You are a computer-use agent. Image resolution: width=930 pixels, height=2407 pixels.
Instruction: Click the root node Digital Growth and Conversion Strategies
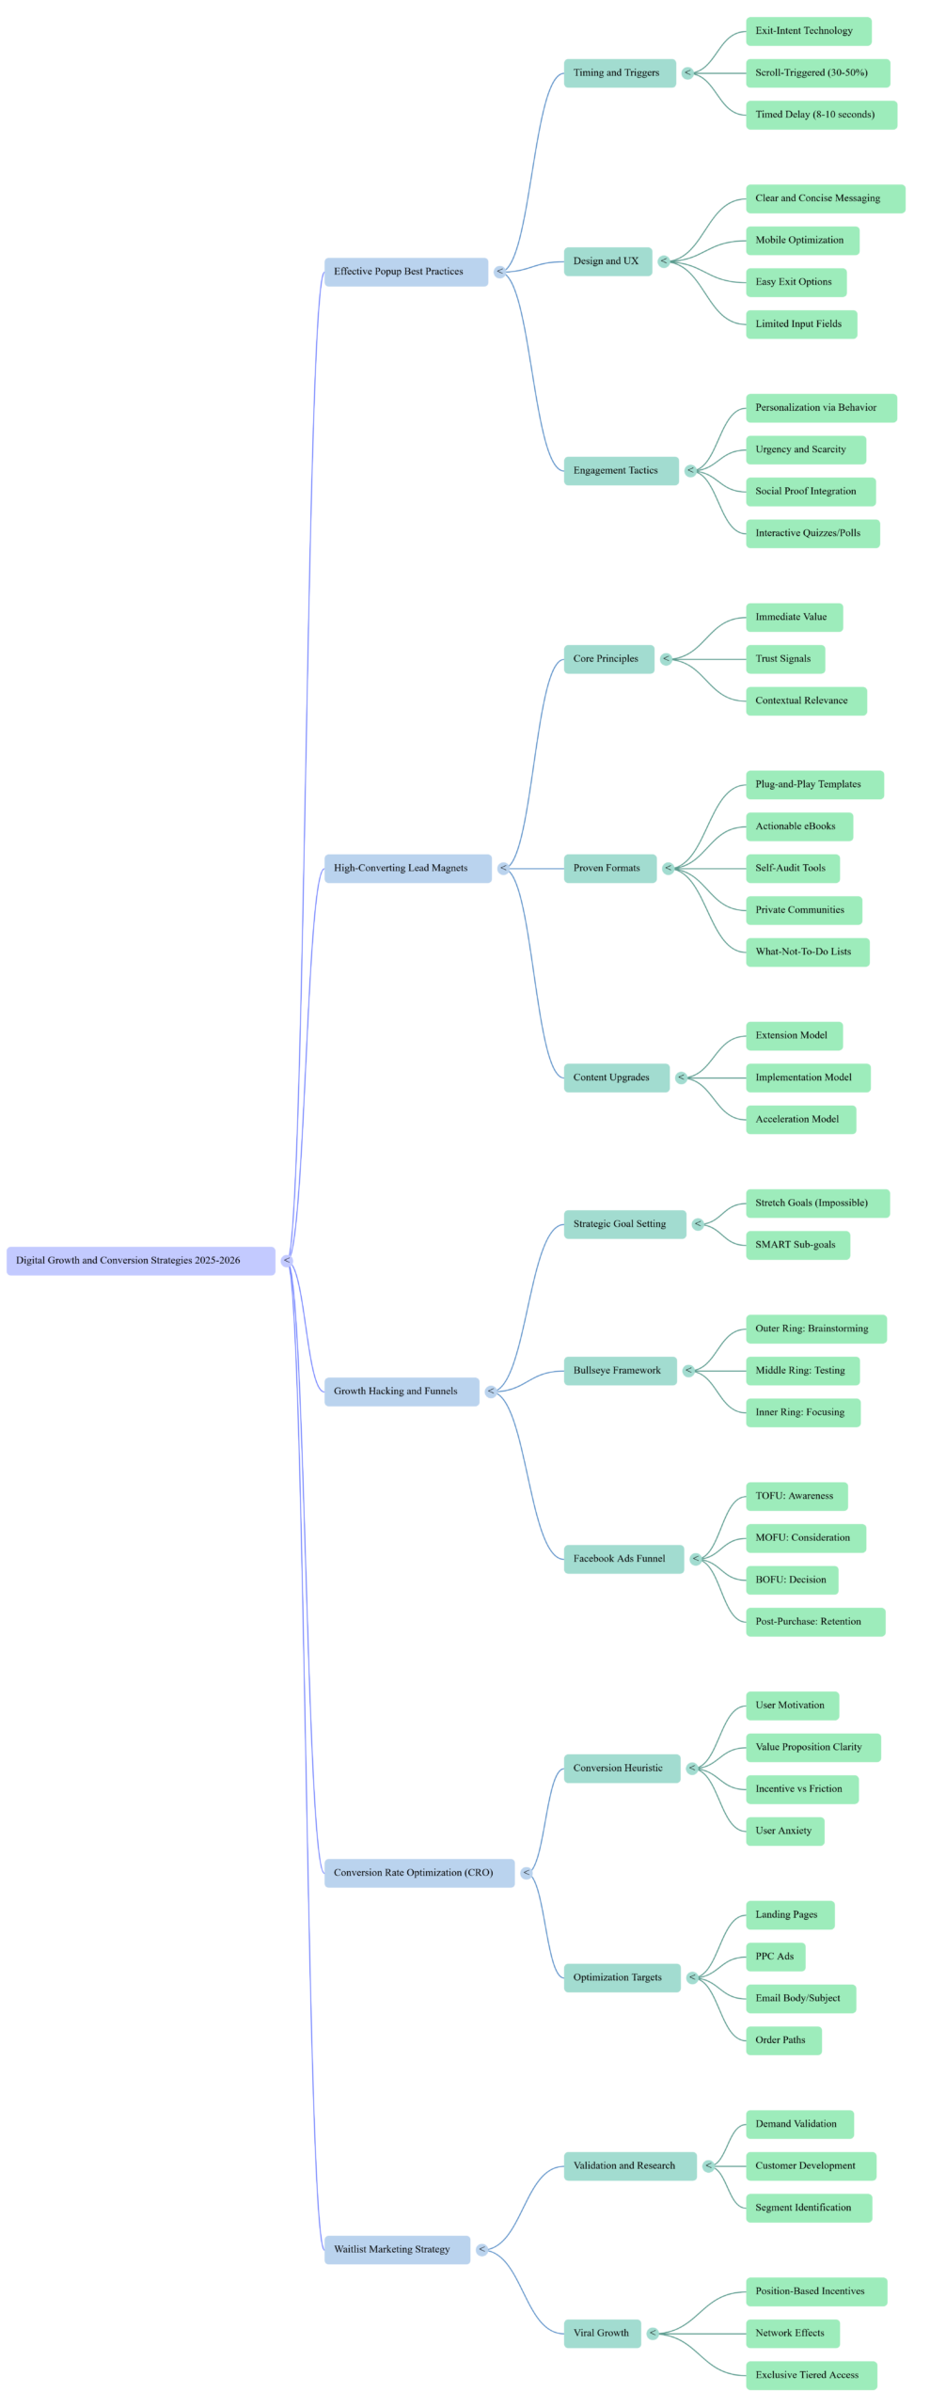(141, 1261)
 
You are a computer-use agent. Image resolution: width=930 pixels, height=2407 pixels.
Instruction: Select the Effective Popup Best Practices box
(405, 272)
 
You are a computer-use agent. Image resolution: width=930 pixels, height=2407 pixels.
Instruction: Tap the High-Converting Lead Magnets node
(407, 869)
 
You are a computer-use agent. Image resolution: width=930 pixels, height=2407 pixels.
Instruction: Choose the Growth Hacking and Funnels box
(402, 1392)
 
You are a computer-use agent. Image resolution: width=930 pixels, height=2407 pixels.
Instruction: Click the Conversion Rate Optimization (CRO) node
(418, 1873)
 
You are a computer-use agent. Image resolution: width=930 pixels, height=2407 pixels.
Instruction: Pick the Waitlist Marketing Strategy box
(397, 2250)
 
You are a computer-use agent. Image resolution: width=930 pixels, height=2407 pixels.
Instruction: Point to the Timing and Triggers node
(619, 73)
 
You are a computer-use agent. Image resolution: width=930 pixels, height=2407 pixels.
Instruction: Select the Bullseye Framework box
(620, 1371)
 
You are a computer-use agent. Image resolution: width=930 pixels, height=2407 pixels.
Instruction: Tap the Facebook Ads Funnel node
(623, 1559)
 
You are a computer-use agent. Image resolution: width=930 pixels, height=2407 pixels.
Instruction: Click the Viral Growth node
(602, 2334)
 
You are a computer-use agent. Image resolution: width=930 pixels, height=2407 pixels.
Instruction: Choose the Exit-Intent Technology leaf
(808, 31)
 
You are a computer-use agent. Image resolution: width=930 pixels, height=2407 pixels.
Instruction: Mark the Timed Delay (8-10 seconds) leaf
(820, 115)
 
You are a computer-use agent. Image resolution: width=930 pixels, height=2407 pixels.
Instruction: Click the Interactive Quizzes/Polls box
(812, 533)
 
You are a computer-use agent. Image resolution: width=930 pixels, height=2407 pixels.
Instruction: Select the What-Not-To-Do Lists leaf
(807, 952)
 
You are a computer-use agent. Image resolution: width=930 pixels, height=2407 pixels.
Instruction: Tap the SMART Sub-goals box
(797, 1245)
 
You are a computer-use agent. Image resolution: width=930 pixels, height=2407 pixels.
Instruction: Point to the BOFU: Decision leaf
(792, 1580)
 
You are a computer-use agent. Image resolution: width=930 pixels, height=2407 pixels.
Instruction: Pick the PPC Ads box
(776, 1957)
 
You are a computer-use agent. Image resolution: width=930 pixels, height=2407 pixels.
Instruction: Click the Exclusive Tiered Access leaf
(811, 2375)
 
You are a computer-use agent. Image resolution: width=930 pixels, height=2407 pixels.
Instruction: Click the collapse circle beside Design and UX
(664, 261)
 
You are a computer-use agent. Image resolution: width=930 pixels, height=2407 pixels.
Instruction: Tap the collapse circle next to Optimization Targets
(692, 1977)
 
